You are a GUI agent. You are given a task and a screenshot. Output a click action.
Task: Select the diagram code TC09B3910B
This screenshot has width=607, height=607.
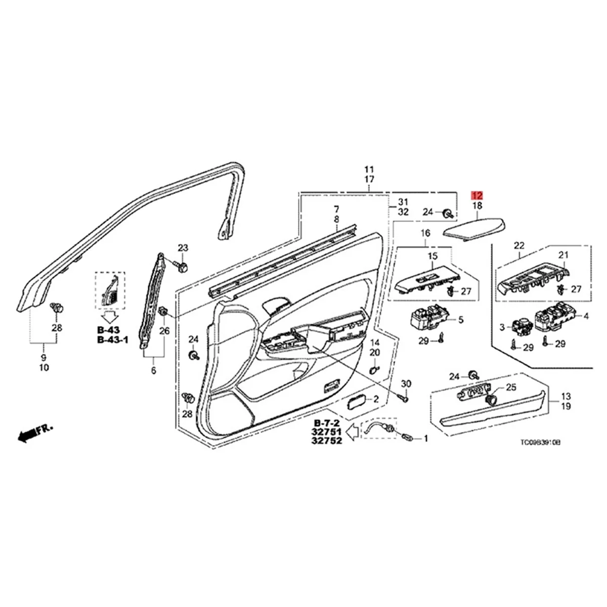coord(540,442)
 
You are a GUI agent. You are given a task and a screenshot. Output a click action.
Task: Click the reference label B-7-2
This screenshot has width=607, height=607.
coord(327,423)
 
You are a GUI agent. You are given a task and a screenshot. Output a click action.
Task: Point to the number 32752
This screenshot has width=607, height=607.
coord(327,441)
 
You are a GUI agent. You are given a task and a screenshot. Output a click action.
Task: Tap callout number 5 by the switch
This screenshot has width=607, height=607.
coord(461,320)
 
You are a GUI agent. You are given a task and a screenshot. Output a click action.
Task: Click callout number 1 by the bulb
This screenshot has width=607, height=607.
coord(425,439)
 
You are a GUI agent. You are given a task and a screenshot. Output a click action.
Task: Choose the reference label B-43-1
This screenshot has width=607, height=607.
coord(112,339)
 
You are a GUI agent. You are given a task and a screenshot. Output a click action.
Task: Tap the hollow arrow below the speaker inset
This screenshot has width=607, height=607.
coord(111,317)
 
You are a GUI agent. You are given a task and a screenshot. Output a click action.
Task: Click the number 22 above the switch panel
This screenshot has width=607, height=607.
coord(519,245)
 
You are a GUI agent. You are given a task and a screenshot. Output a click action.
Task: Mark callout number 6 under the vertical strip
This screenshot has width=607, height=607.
coord(153,370)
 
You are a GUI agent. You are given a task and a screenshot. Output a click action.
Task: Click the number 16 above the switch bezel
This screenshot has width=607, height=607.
coord(425,233)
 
